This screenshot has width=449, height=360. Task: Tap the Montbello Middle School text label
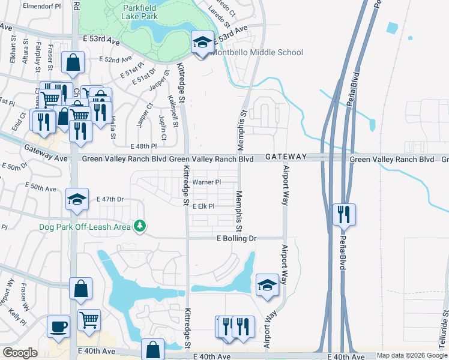pos(257,52)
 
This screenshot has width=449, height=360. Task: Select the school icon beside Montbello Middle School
pos(203,43)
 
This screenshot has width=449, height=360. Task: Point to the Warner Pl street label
pos(206,182)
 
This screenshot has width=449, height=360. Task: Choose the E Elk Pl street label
pos(203,206)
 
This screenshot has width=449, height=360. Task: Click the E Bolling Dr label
pos(237,238)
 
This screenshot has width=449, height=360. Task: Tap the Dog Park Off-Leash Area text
pos(85,226)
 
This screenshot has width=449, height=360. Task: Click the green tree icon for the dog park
pos(140,226)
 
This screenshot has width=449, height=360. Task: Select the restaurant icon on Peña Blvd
pos(345,215)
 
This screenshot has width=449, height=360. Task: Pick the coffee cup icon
pos(59,327)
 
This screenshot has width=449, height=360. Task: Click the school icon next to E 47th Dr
pos(76,200)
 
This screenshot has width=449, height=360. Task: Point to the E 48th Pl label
pos(143,146)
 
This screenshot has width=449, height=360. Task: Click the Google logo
pos(20,353)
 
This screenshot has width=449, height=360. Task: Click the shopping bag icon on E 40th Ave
pos(153,350)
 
